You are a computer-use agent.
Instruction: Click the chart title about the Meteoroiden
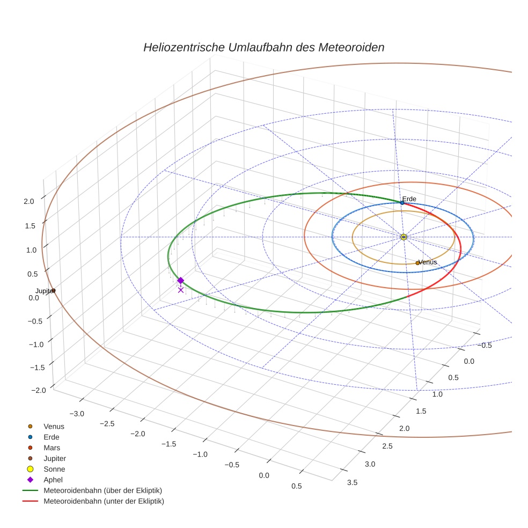coord(263,47)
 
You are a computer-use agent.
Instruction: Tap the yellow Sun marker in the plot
coord(404,237)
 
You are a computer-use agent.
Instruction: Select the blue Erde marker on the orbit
coord(402,203)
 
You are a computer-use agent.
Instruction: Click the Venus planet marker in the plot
coord(417,263)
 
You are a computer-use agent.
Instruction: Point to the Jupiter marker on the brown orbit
coord(53,291)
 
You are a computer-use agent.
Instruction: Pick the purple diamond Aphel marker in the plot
coord(181,280)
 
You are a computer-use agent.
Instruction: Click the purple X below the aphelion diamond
coord(181,290)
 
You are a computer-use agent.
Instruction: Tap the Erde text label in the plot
coord(409,199)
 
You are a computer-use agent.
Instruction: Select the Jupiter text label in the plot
coord(44,291)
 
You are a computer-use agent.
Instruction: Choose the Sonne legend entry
coord(54,469)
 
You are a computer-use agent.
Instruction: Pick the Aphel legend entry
coord(54,480)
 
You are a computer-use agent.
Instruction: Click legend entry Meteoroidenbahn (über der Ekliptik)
coord(102,490)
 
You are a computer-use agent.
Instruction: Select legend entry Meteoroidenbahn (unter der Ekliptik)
coord(104,501)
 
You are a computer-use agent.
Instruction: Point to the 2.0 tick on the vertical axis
coord(29,201)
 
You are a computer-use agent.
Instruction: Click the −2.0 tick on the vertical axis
coord(27,390)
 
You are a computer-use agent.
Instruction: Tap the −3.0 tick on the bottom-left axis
coord(78,414)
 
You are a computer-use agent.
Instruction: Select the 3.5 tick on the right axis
coord(353,483)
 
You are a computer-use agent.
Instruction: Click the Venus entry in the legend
coord(54,426)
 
